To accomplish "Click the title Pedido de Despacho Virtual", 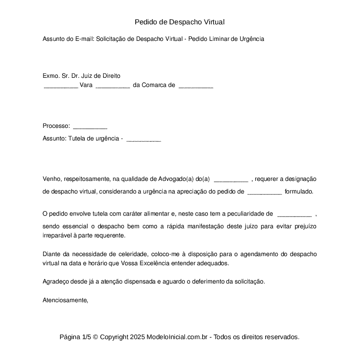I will (x=180, y=22).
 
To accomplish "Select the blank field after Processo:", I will (x=90, y=127).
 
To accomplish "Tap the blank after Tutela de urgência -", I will (x=143, y=139).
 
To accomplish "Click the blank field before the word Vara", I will (x=61, y=86).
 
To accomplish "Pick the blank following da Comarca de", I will (x=196, y=86).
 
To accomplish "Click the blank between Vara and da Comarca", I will (x=113, y=86).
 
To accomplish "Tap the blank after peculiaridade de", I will (x=294, y=214).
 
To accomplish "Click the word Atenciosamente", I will (x=65, y=300).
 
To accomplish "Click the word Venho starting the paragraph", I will (x=51, y=179).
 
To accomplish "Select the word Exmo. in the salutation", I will (x=51, y=76).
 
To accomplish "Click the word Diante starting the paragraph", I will (x=51, y=254).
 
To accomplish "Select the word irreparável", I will (x=59, y=235).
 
